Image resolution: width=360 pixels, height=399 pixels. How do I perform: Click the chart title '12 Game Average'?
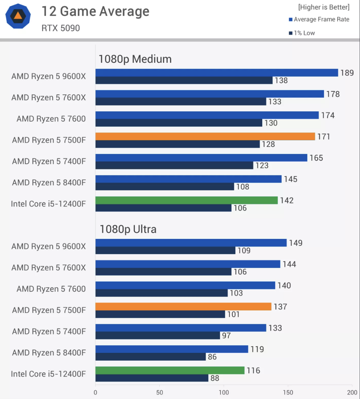(x=95, y=12)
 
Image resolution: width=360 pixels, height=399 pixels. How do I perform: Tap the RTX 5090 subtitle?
(x=61, y=28)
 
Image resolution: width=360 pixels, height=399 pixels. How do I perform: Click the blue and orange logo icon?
(x=18, y=16)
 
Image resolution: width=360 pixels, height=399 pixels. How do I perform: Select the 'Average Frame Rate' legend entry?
(x=319, y=20)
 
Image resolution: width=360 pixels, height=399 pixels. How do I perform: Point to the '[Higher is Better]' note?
(x=324, y=7)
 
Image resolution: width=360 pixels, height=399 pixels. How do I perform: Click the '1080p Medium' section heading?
(x=135, y=59)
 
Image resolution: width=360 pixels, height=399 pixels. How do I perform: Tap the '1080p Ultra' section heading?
(x=128, y=229)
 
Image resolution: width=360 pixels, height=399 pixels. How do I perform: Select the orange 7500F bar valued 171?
(x=205, y=136)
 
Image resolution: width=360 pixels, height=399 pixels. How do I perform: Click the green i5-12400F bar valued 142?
(x=186, y=200)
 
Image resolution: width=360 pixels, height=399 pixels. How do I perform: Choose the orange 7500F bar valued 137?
(x=183, y=307)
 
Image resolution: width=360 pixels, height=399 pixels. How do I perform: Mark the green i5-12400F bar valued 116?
(x=170, y=370)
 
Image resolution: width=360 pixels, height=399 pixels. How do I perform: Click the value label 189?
(x=347, y=73)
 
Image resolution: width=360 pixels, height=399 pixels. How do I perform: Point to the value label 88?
(x=215, y=378)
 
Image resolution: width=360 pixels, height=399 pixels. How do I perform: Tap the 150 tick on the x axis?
(x=288, y=392)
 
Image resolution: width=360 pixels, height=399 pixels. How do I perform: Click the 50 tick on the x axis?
(x=160, y=392)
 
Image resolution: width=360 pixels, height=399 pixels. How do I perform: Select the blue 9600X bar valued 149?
(x=191, y=243)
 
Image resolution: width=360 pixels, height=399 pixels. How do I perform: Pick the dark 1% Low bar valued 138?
(x=184, y=80)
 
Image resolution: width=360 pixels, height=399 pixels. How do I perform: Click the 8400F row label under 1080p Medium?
(x=49, y=183)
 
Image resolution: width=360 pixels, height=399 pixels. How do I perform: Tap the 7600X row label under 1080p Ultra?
(x=49, y=268)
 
